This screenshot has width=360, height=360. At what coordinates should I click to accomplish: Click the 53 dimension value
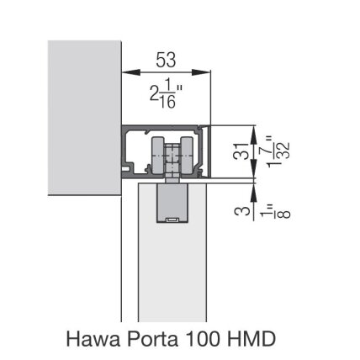pyautogui.click(x=166, y=60)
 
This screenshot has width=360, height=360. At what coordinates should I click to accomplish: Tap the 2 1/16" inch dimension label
pyautogui.click(x=166, y=94)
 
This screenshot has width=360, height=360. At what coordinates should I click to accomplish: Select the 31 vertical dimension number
pyautogui.click(x=241, y=151)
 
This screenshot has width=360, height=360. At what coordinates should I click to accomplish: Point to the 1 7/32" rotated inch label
pyautogui.click(x=278, y=151)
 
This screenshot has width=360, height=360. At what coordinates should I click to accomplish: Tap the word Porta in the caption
pyautogui.click(x=153, y=339)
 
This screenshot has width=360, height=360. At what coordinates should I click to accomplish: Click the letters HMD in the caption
pyautogui.click(x=251, y=339)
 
